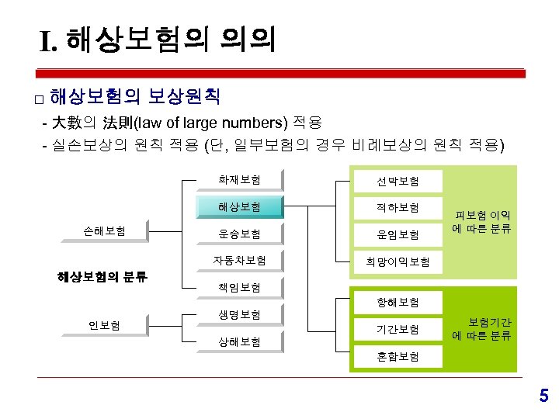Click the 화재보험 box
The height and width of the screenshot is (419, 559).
click(239, 181)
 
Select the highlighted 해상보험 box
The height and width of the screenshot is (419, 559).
click(239, 207)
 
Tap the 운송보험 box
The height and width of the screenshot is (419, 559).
click(239, 234)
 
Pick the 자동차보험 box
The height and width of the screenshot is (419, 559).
click(239, 260)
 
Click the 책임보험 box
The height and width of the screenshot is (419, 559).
click(239, 287)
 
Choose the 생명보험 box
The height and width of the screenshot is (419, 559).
click(239, 314)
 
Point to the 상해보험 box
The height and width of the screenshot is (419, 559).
click(239, 341)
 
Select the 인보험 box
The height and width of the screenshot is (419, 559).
click(105, 324)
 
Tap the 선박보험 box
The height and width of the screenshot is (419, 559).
click(398, 181)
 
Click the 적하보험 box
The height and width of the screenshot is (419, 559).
click(398, 207)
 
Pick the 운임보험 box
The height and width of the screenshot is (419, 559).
click(398, 234)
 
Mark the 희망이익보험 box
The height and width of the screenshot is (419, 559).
click(398, 261)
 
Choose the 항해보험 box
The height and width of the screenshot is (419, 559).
click(398, 302)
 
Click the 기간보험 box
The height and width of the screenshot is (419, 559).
click(398, 329)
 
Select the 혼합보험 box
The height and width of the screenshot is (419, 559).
click(398, 356)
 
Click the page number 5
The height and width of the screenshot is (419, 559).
click(543, 397)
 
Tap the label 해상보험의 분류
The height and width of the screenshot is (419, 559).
click(102, 276)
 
